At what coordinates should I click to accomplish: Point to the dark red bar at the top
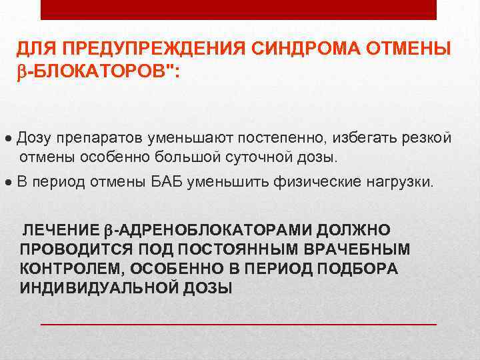(x=239, y=9)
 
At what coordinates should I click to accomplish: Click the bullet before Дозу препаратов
(x=7, y=138)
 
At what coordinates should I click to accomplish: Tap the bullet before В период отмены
(x=7, y=182)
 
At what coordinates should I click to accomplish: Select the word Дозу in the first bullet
(x=35, y=137)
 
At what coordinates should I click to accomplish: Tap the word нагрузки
(x=399, y=181)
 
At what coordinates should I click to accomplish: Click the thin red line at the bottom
(x=239, y=323)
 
